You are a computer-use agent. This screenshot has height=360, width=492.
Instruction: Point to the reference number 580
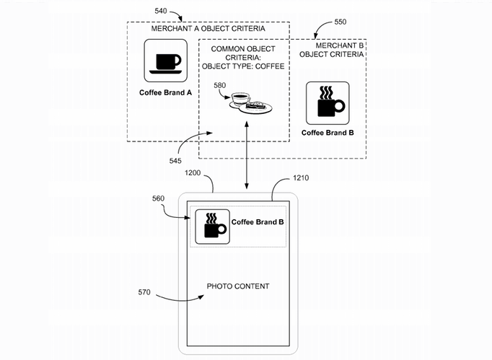tap(219, 86)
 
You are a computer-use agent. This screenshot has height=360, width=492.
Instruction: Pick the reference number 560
tap(161, 198)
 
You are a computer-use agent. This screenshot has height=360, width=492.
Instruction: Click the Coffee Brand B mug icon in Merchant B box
tap(328, 102)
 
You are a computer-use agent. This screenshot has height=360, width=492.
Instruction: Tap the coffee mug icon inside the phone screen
tap(211, 226)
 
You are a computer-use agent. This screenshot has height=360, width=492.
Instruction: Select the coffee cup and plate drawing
tap(248, 102)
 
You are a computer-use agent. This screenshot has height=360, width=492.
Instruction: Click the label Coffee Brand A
tap(166, 93)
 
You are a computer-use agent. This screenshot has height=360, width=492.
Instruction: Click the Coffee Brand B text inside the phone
tap(258, 221)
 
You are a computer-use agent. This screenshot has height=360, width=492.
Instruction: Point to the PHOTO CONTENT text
tap(238, 286)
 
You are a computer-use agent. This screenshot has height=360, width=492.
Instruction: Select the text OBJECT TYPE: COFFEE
tap(245, 67)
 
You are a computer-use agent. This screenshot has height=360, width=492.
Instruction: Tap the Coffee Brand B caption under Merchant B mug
tap(328, 133)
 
